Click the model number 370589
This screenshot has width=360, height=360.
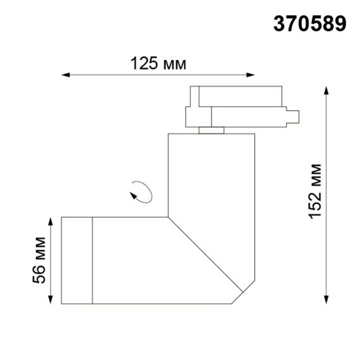[x=310, y=23]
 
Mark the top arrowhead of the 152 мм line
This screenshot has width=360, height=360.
[x=326, y=89]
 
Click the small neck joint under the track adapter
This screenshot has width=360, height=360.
[x=212, y=130]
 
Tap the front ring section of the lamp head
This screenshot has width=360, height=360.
[x=77, y=260]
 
